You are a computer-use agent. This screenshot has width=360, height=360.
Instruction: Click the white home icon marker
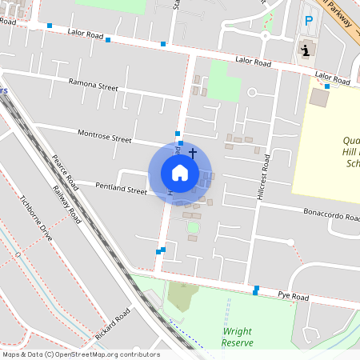tap(180, 172)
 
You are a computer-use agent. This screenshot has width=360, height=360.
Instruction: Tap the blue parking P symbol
tap(308, 22)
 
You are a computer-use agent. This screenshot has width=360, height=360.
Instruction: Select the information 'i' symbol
tap(305, 50)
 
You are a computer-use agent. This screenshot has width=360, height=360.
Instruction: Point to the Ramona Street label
tap(93, 84)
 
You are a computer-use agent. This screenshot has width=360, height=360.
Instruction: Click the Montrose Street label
tap(104, 135)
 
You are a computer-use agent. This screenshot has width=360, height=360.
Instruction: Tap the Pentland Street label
tap(122, 191)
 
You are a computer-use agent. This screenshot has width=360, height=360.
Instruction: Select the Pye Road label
tap(293, 296)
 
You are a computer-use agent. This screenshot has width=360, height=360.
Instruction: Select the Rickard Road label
tap(111, 325)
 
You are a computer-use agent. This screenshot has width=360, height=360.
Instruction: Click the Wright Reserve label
tap(238, 337)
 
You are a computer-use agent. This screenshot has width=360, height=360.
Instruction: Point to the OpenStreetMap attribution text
tap(81, 354)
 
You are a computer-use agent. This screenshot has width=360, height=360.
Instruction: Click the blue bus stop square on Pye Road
tap(256, 289)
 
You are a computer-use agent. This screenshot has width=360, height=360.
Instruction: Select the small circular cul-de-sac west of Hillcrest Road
tap(252, 93)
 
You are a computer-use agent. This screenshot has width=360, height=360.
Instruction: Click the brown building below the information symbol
tap(319, 98)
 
